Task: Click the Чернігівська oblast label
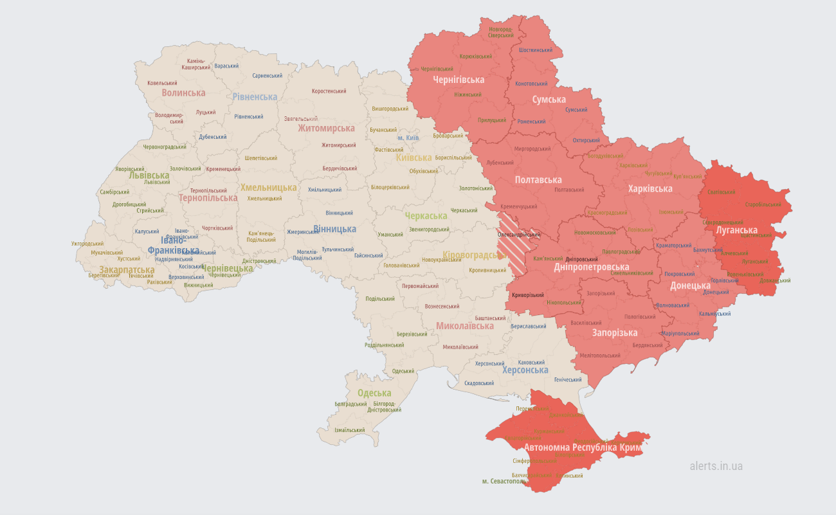[458, 80]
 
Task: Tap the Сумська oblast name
[549, 100]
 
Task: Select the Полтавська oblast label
[538, 180]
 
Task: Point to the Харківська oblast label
[650, 188]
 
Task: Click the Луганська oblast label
[736, 230]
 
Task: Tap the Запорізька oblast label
[615, 332]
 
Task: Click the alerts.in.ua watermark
[716, 466]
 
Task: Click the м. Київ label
[408, 138]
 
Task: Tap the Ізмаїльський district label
[350, 430]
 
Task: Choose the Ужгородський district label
[87, 244]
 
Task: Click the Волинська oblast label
[183, 93]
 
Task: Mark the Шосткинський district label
[535, 50]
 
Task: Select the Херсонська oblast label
[525, 370]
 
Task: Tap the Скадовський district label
[479, 383]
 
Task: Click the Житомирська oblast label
[326, 128]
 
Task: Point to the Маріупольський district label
[680, 334]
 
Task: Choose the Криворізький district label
[528, 295]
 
